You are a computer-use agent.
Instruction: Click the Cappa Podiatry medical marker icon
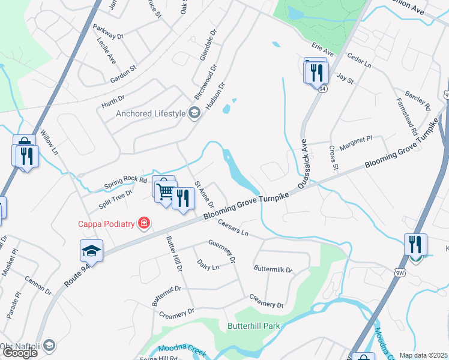coord(143,224)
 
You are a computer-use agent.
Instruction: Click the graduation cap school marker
coord(91,251)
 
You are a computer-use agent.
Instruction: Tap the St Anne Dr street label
coord(206,196)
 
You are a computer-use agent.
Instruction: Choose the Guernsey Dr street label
coord(221,251)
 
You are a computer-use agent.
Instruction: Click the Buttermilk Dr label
coord(273,269)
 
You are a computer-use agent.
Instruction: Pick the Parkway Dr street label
coord(108,32)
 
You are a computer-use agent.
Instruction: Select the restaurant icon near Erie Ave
coord(315,73)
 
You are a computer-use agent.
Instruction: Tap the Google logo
coord(20,353)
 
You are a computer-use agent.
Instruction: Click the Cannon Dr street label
coord(38,286)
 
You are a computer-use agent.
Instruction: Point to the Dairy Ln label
coord(208,265)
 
